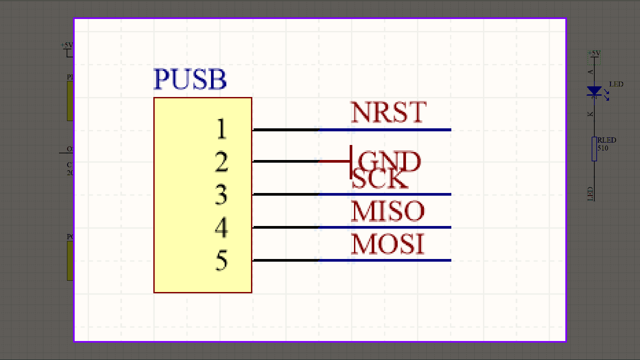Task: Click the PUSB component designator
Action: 190,79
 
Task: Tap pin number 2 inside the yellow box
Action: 221,162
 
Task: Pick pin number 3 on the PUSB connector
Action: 221,194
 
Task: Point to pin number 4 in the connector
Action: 221,227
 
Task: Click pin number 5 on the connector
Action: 221,260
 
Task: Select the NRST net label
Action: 388,112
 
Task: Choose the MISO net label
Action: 388,211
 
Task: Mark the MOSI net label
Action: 388,244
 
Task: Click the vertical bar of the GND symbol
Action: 351,162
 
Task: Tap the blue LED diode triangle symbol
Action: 594,90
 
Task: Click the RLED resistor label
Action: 606,140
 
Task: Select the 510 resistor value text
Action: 603,148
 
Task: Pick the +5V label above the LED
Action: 594,53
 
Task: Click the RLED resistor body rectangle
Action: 594,149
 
